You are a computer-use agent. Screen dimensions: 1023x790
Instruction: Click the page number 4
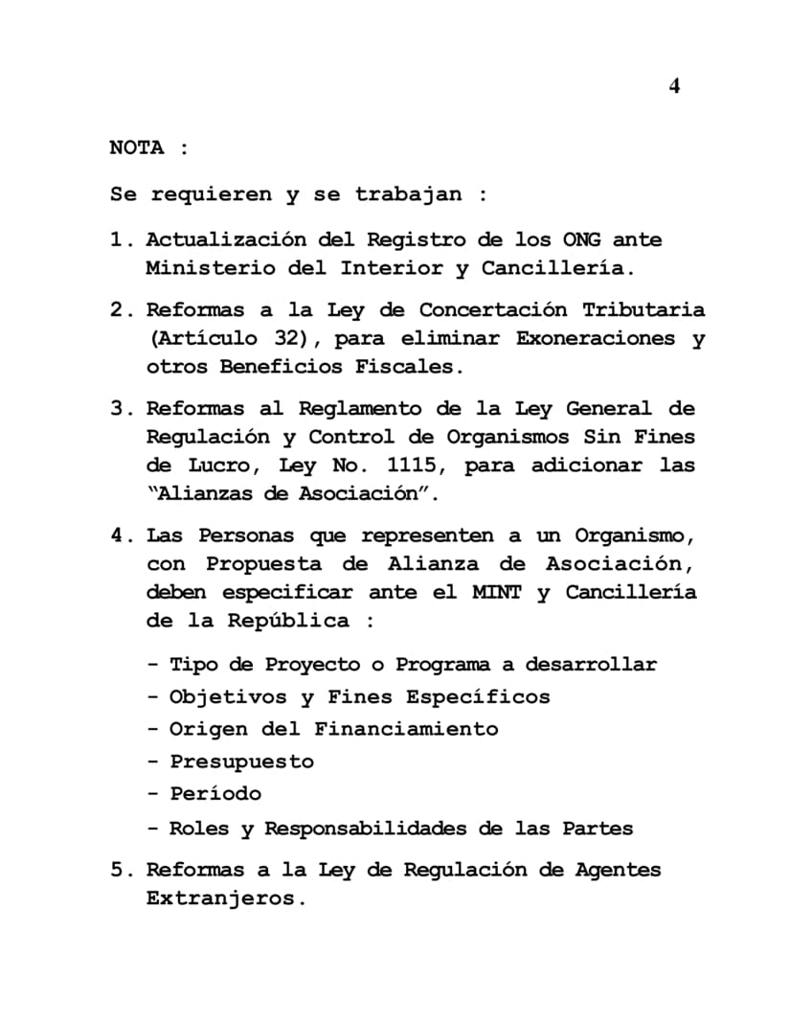[674, 86]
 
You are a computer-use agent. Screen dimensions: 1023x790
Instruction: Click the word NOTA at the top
[137, 148]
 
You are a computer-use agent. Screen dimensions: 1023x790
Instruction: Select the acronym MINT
[496, 592]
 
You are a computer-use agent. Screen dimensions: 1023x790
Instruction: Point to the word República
[288, 620]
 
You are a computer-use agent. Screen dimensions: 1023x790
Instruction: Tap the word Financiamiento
[406, 729]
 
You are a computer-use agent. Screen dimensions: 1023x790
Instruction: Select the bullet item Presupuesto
[241, 762]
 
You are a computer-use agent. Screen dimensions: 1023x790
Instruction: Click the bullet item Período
[215, 794]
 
